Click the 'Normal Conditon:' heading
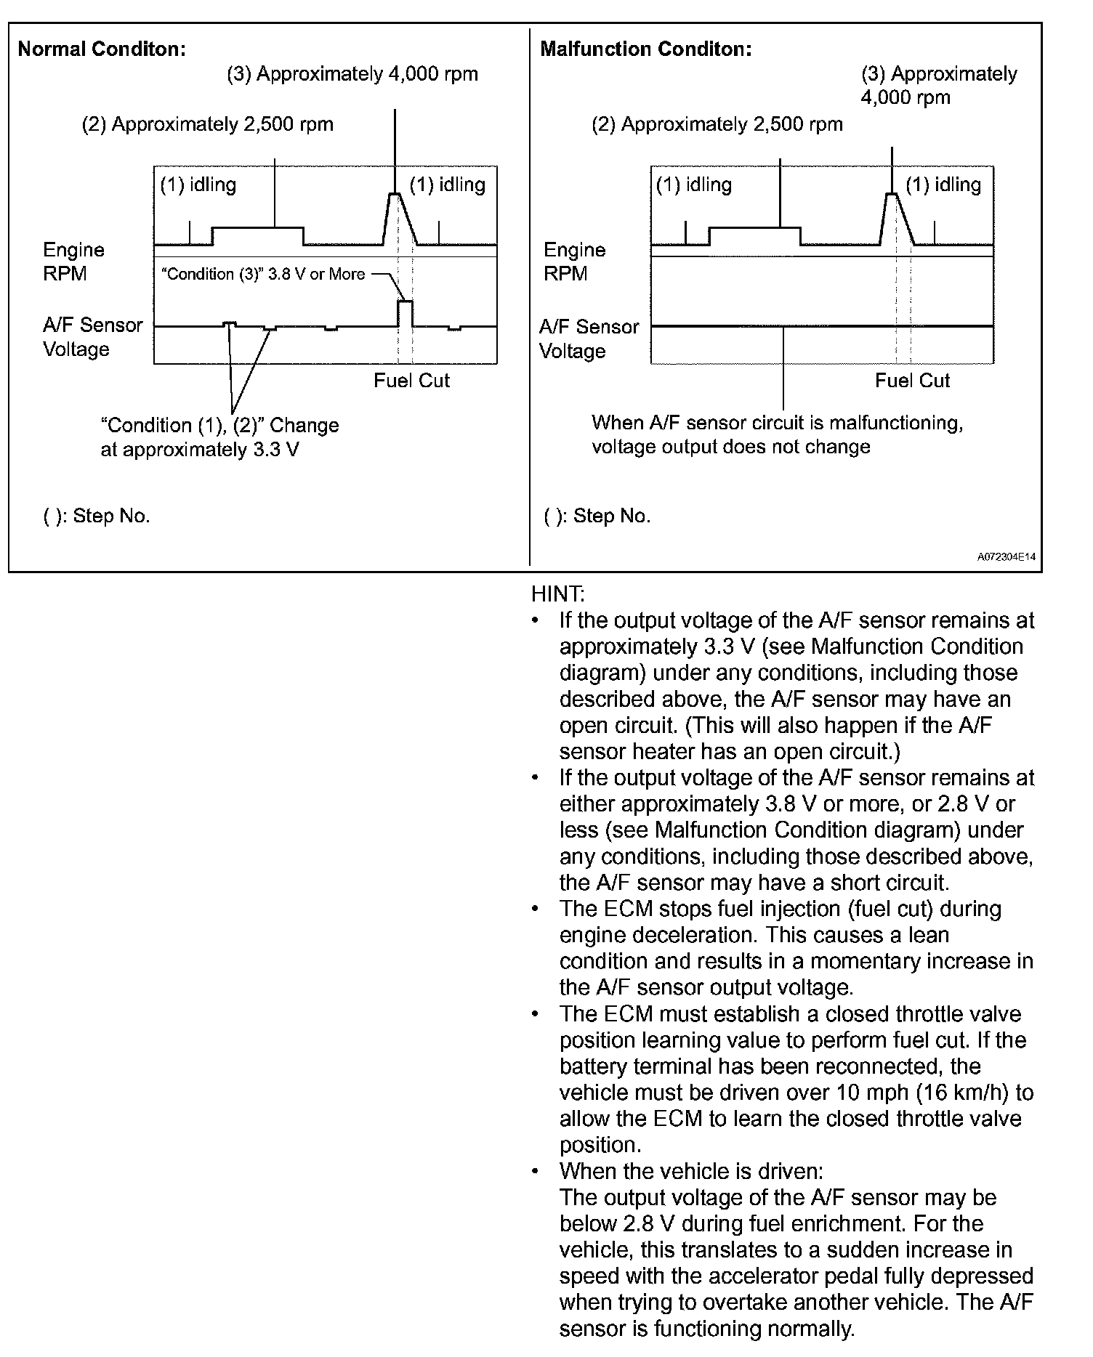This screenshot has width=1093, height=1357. point(102,49)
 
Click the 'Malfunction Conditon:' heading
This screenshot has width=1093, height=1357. point(646,49)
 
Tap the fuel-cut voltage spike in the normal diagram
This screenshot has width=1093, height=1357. point(406,313)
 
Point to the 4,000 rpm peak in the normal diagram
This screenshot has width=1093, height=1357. point(395,195)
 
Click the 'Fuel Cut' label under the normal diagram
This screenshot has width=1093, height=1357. point(411,381)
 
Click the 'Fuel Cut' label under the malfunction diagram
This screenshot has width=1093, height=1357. point(912,381)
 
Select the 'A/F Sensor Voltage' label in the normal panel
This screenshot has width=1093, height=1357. point(92,337)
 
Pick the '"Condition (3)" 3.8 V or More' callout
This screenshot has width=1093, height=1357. point(262,275)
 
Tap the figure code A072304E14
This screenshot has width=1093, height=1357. point(1007,557)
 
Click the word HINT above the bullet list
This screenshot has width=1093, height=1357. point(557,594)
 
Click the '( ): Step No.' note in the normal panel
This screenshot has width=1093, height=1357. point(96,517)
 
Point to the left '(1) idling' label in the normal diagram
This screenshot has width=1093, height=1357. point(198,185)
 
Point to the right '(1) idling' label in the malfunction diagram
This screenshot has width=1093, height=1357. point(943,185)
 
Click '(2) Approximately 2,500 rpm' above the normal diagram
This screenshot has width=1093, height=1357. point(208,124)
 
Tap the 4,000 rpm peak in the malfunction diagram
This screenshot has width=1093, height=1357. point(892,195)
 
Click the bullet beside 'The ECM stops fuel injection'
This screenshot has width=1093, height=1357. point(536,910)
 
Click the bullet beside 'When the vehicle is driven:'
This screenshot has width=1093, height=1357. point(536,1172)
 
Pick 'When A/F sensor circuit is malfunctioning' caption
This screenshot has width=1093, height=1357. point(777,423)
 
